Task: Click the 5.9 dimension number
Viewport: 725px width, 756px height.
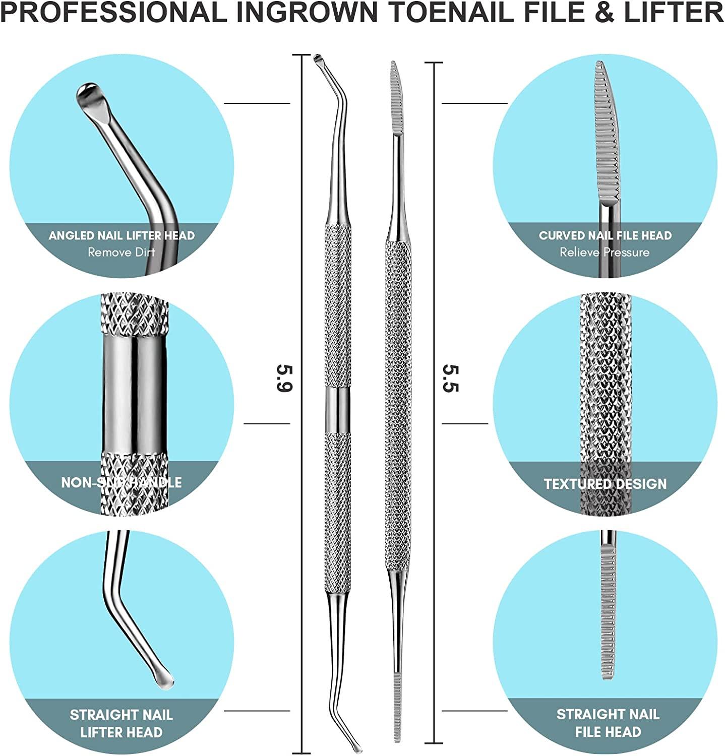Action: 284,378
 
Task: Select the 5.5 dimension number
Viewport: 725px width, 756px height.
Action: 450,378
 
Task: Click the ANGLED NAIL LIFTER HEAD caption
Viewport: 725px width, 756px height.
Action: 122,235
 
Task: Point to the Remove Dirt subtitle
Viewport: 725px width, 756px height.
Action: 122,252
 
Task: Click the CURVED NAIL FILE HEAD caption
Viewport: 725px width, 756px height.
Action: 605,235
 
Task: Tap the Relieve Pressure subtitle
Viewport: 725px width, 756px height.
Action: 605,252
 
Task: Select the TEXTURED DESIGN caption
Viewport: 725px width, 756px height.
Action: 605,484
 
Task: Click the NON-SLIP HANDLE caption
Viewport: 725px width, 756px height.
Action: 122,482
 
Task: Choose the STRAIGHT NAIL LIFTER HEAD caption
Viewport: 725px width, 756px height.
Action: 121,723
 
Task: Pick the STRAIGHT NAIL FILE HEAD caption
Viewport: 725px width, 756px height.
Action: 608,723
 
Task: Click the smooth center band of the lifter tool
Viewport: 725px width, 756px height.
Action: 337,410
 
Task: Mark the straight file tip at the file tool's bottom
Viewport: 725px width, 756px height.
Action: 398,711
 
